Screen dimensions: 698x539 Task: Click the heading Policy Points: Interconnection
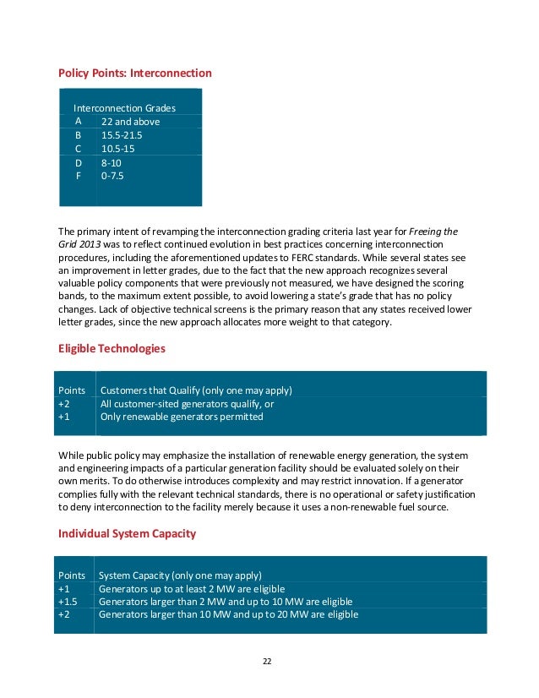click(x=134, y=74)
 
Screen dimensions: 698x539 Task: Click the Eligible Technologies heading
click(x=112, y=348)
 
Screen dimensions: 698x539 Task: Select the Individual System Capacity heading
click(x=127, y=534)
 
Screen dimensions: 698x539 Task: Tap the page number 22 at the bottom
click(x=269, y=661)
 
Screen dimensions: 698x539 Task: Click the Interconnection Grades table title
click(x=124, y=108)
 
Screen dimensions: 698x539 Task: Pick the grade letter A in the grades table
click(x=78, y=122)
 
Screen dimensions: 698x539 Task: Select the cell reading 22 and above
click(x=130, y=122)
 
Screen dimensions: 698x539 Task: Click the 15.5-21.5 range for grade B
click(x=122, y=135)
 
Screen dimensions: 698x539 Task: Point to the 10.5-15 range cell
click(x=117, y=149)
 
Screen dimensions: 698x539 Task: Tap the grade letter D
click(x=79, y=162)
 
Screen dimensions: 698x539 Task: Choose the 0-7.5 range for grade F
click(x=112, y=176)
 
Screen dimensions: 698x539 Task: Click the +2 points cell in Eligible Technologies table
click(x=63, y=404)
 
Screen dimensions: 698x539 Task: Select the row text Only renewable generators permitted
click(x=182, y=417)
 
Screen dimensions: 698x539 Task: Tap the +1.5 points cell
click(x=67, y=602)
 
